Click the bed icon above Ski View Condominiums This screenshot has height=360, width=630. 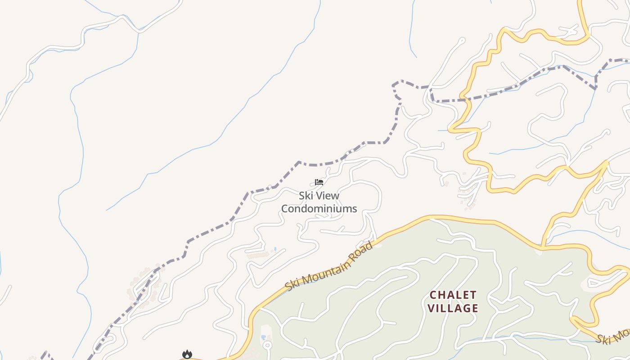[x=319, y=182]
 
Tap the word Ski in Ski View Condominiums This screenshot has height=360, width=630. [x=306, y=196]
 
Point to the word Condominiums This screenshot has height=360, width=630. [x=319, y=209]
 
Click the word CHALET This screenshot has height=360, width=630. [x=453, y=295]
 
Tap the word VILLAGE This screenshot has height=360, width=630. [x=453, y=308]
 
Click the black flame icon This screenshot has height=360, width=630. [x=187, y=355]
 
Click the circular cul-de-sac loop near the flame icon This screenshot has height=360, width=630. [x=267, y=345]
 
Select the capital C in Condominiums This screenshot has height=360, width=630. [x=285, y=209]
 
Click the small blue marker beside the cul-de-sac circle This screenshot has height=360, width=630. [x=263, y=337]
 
